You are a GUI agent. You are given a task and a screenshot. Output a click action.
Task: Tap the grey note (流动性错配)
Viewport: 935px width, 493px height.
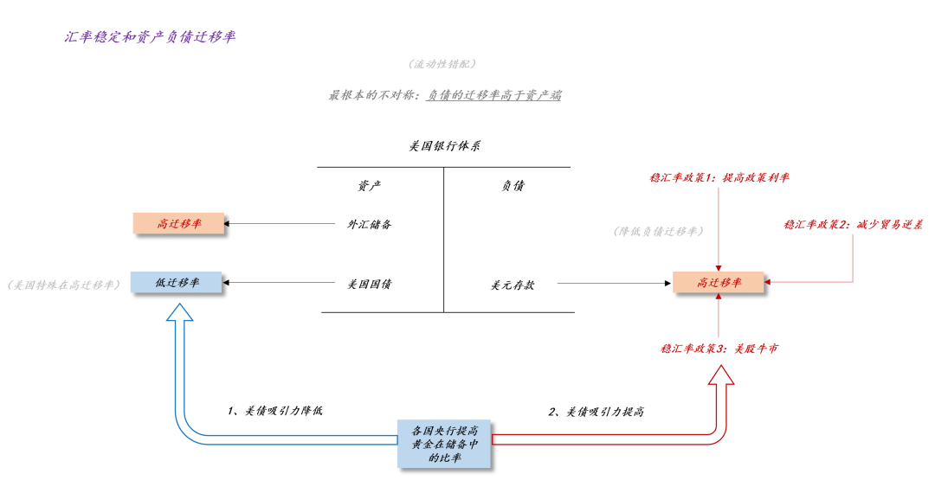click(442, 64)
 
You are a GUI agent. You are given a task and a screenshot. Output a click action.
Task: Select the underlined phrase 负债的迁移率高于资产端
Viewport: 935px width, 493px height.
click(493, 95)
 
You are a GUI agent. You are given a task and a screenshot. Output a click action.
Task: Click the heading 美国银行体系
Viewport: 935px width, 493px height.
click(445, 146)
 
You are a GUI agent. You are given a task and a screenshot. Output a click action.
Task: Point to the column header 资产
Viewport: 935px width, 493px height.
click(370, 185)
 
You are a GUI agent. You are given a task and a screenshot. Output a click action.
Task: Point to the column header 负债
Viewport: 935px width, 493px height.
click(513, 185)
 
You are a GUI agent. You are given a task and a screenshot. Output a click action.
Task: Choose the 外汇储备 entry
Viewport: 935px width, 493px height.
click(370, 224)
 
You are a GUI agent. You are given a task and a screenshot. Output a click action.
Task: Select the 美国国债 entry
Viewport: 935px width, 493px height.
click(370, 283)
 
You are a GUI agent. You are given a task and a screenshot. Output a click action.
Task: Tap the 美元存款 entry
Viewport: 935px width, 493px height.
click(513, 284)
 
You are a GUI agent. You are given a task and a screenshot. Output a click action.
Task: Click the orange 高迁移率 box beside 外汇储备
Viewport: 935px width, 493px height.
click(179, 223)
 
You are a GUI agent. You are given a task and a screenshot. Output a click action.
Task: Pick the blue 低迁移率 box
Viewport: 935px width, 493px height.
click(177, 283)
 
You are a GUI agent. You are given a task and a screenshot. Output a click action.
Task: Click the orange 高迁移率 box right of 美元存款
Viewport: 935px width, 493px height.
click(719, 283)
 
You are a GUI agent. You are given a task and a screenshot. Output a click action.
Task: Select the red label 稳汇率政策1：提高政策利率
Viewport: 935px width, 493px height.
click(719, 177)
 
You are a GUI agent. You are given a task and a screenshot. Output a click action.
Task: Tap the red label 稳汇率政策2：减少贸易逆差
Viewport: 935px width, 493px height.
click(853, 224)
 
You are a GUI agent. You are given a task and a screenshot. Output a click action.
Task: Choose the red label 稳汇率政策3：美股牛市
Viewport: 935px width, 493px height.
click(719, 349)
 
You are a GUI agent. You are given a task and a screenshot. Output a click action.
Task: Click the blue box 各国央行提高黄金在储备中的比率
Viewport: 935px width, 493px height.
click(445, 444)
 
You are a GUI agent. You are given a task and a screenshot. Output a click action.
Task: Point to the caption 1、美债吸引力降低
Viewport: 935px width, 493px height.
click(276, 411)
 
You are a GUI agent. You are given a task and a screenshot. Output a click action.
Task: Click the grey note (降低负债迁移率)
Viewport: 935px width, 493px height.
click(657, 231)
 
